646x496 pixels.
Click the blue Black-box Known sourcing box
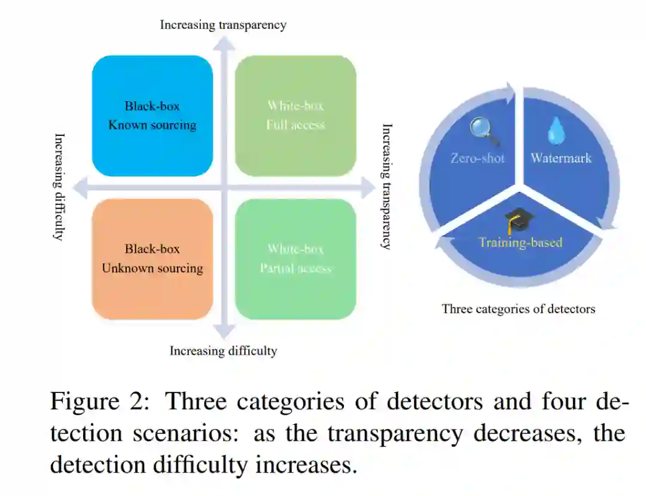pos(153,116)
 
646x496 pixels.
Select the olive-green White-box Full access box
pos(295,116)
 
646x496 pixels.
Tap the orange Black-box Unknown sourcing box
pos(153,259)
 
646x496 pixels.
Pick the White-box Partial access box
pos(295,259)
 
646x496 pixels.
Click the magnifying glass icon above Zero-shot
pos(484,131)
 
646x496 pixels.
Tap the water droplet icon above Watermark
pos(556,130)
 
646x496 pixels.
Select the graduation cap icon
pos(518,220)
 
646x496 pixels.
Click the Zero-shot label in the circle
pos(478,158)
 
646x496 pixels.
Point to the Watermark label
pos(561,158)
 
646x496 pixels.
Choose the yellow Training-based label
pos(520,243)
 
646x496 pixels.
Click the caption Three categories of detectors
pos(519,309)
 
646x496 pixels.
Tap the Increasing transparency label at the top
pos(223,25)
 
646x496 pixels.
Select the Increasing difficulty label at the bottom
pos(223,351)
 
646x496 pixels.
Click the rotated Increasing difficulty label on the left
pos(59,186)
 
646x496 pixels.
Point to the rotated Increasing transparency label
pos(387,186)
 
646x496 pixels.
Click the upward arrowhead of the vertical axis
pos(224,41)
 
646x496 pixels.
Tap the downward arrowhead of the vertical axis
pos(224,331)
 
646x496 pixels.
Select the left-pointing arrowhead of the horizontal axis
pos(86,187)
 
